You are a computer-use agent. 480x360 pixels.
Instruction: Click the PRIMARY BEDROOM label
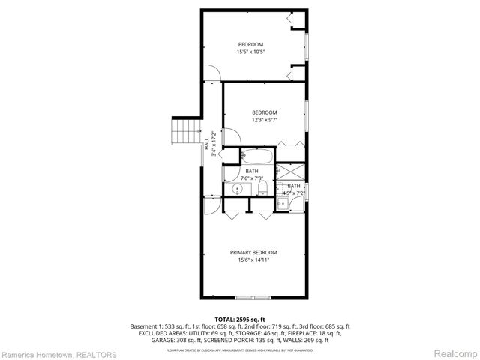pos(253,252)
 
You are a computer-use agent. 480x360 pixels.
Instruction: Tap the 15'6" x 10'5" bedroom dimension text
pos(251,52)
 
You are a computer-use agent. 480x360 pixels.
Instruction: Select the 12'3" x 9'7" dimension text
pos(264,119)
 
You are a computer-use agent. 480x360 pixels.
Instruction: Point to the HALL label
pos(207,144)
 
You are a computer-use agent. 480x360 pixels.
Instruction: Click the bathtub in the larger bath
pos(257,157)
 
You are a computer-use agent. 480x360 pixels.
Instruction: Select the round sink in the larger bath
pos(238,189)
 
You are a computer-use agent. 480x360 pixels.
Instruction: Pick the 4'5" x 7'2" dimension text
pos(294,193)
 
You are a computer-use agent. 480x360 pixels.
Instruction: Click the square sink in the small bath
pos(283,202)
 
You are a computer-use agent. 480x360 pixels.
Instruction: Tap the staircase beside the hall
pos(185,133)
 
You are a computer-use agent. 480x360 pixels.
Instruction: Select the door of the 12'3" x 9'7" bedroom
pos(232,139)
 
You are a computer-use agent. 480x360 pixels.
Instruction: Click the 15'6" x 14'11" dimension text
pos(253,260)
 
